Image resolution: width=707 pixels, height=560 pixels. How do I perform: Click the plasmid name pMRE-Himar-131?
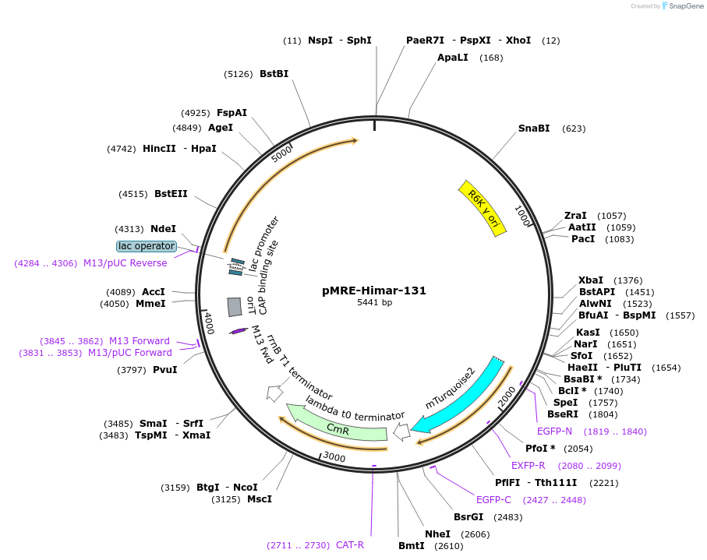tap(374, 291)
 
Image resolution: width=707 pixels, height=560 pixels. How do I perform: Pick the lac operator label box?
tap(147, 246)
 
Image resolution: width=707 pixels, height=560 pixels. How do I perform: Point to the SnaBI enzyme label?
tap(534, 129)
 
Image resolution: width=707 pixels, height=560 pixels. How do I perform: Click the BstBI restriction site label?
tap(274, 74)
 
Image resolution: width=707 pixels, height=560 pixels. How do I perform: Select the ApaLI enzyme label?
tap(453, 58)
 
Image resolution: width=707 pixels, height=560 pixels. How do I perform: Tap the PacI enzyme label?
tap(583, 238)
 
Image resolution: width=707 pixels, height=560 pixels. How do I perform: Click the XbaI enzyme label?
tap(591, 280)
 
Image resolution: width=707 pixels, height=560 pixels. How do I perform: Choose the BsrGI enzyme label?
tap(468, 516)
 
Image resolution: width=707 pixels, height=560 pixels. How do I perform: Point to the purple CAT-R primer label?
tap(350, 545)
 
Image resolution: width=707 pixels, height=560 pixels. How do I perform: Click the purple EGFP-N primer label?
tap(554, 431)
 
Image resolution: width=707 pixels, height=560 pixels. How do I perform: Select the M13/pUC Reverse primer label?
tap(125, 263)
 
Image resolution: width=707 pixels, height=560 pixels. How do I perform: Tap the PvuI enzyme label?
tap(164, 370)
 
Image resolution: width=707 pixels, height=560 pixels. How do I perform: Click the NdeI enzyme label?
tap(164, 229)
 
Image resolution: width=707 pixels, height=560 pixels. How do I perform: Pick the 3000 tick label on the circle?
tap(334, 457)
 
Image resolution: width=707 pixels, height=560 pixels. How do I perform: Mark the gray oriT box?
tap(234, 307)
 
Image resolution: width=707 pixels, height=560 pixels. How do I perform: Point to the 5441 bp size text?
tap(374, 302)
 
